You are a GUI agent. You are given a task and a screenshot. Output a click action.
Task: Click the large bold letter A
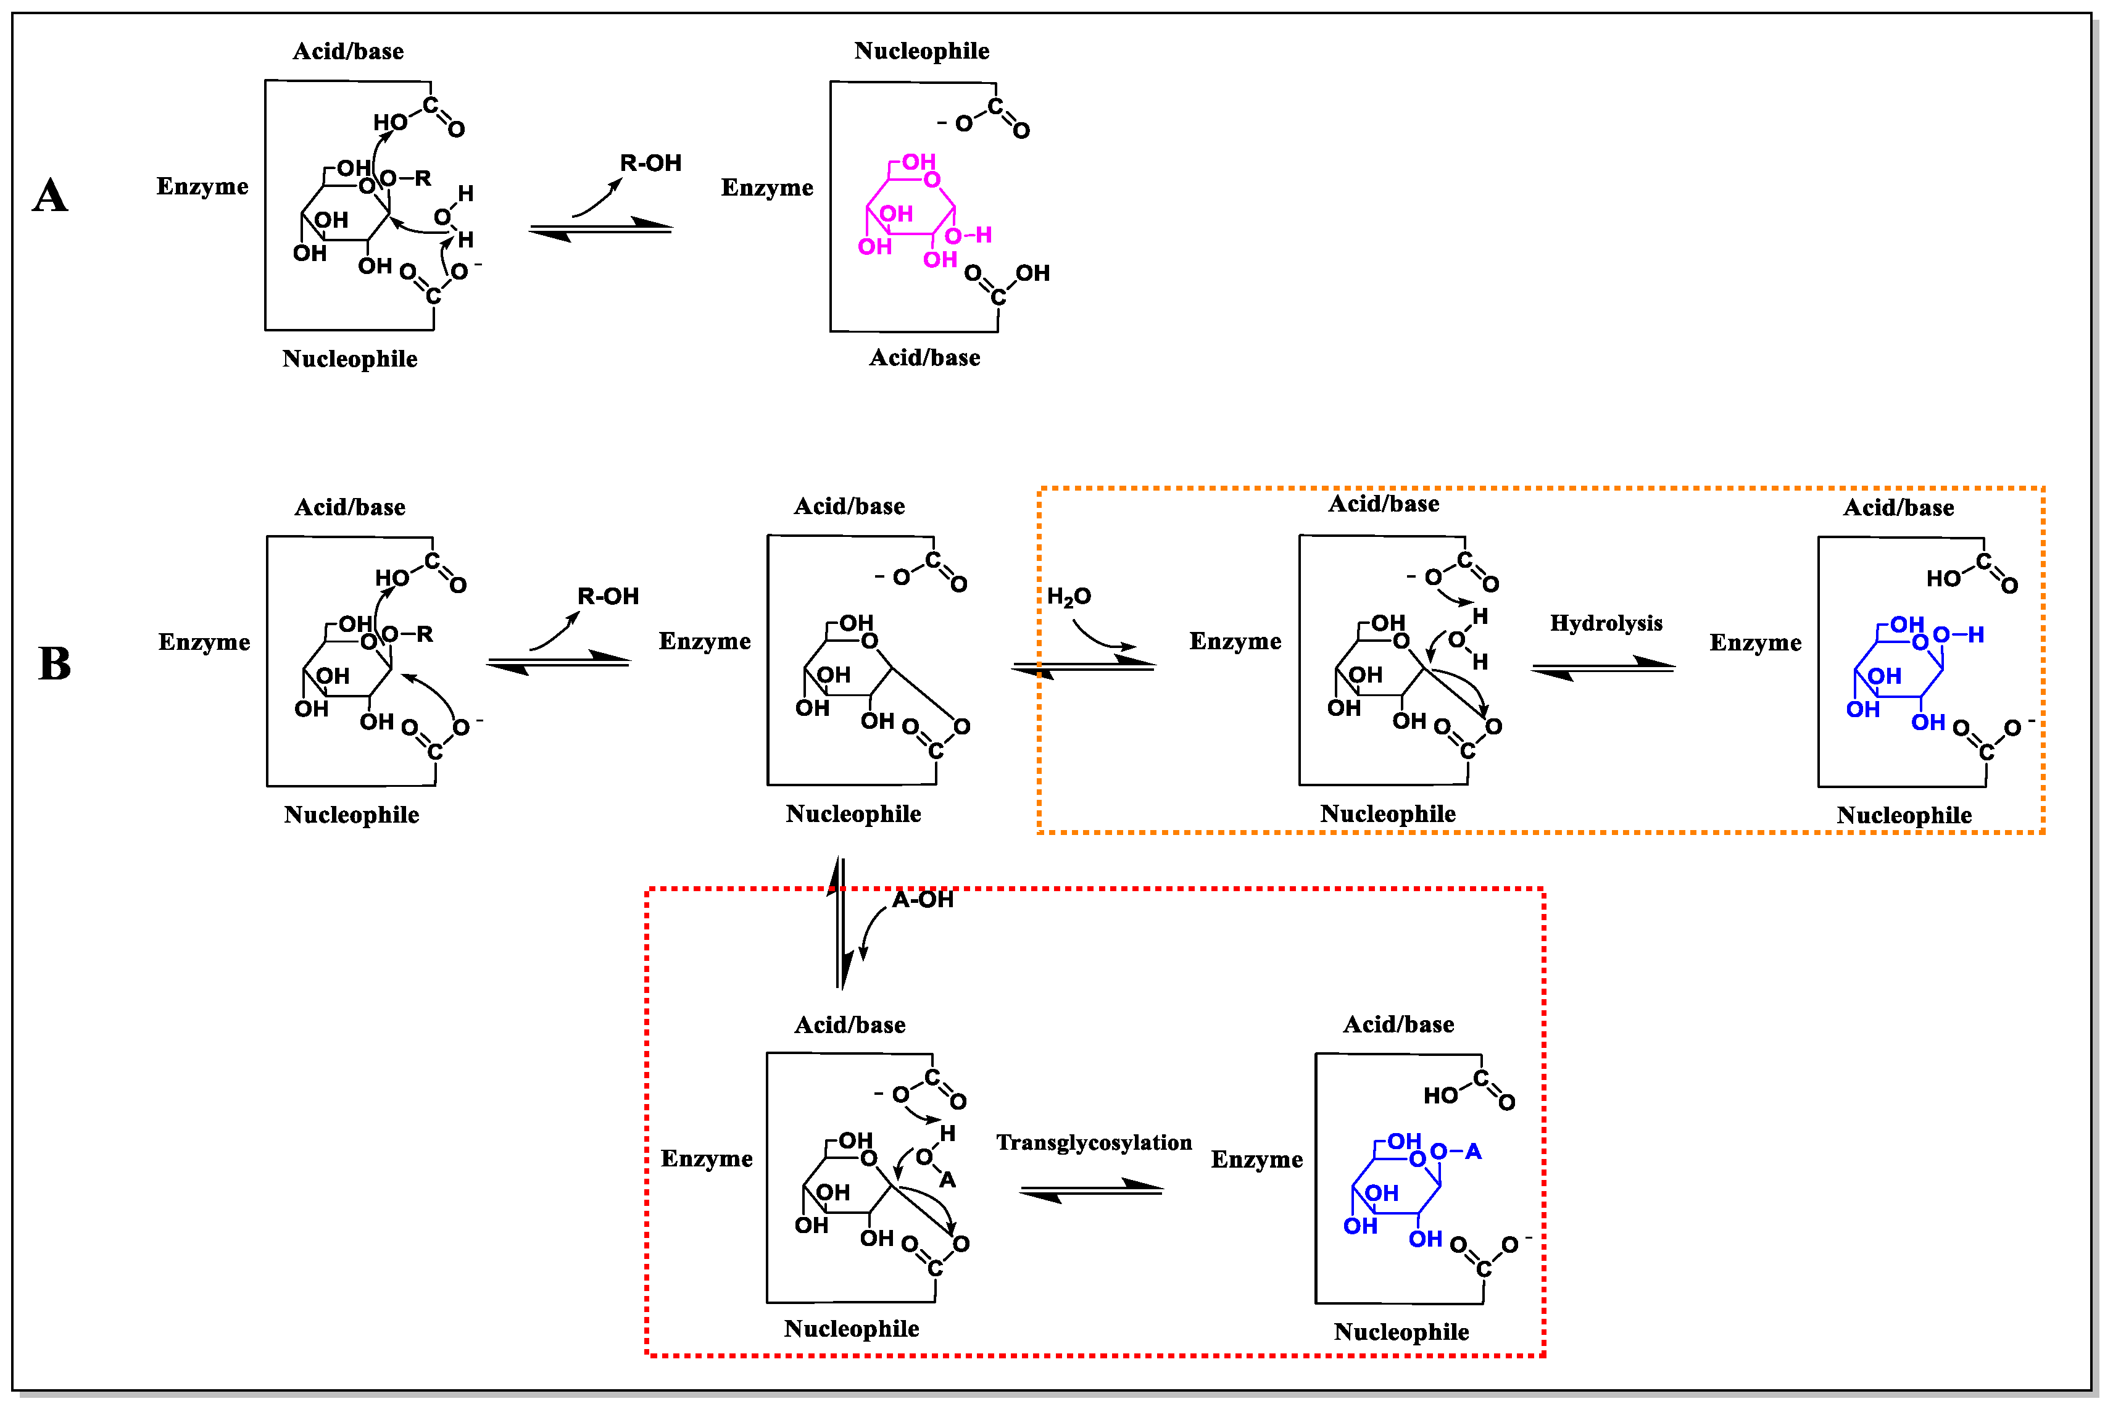pos(50,195)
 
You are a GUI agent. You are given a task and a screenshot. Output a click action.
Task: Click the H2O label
pos(1068,596)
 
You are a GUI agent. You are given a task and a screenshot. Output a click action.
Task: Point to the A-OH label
pos(922,900)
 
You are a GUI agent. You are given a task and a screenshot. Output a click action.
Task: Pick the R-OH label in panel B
pos(607,596)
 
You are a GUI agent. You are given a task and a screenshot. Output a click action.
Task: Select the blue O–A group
pos(1455,1152)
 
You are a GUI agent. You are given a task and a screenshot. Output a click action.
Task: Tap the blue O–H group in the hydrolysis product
pos(1958,635)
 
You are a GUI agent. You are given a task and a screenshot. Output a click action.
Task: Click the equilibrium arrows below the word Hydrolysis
pos(1603,668)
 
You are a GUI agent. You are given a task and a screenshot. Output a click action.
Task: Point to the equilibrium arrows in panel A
pos(600,229)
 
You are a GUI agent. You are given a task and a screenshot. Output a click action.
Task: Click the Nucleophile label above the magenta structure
pos(921,51)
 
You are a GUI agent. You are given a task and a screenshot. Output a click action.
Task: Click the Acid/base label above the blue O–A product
pos(1398,1024)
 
